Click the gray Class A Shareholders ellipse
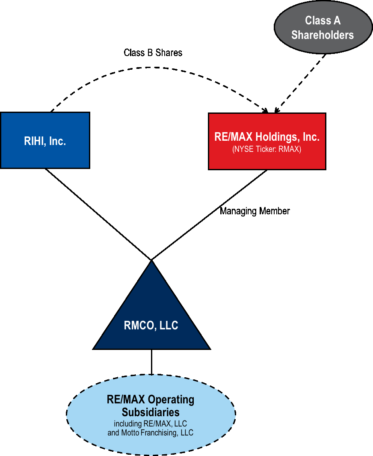click(x=323, y=27)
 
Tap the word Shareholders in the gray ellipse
click(x=323, y=35)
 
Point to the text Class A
click(x=323, y=20)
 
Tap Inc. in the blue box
click(x=57, y=141)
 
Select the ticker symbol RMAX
click(x=290, y=149)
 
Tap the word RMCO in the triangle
click(x=139, y=326)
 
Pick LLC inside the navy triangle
click(x=169, y=326)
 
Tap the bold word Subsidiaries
click(x=151, y=412)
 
